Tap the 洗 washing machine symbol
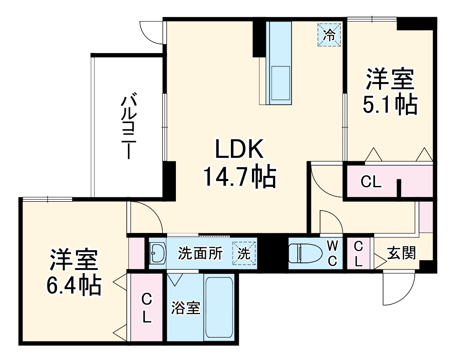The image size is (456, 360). click(244, 254)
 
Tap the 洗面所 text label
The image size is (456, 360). click(200, 254)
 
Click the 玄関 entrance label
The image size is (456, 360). click(401, 253)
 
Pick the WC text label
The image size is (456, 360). click(332, 254)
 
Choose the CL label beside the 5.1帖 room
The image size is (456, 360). click(371, 182)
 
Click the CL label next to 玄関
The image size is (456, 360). click(359, 254)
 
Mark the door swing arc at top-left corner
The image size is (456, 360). click(152, 32)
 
